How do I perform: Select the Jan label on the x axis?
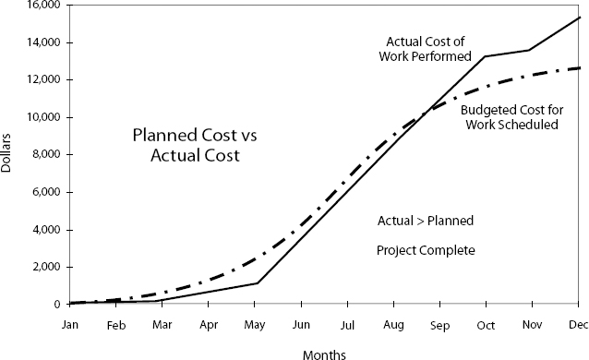tap(70, 325)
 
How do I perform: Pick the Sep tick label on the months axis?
tap(439, 325)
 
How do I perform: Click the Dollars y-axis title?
tap(8, 155)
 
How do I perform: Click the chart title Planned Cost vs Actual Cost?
tap(195, 146)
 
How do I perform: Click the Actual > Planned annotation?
tap(426, 221)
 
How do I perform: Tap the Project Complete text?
tap(426, 250)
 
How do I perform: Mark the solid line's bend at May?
tap(257, 283)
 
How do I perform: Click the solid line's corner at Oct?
tap(486, 56)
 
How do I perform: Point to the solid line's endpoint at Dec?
tap(579, 17)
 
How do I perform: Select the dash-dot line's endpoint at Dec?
tap(579, 67)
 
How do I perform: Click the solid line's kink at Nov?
tap(530, 50)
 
